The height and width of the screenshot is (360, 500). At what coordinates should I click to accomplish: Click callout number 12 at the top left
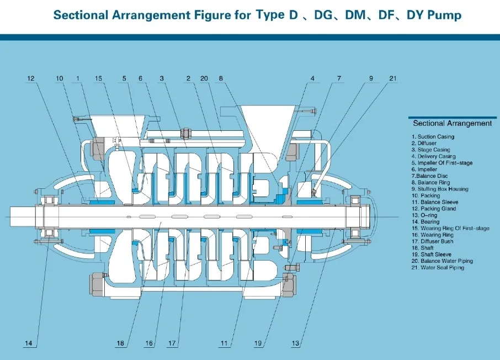(31, 79)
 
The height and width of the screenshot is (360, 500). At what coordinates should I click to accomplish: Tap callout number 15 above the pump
(98, 79)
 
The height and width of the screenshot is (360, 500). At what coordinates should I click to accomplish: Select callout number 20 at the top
(204, 79)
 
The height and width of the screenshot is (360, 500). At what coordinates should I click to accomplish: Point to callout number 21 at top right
(392, 79)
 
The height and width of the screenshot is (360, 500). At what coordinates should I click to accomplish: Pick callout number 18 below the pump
(120, 344)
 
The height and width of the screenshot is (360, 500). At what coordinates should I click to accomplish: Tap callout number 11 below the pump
(224, 344)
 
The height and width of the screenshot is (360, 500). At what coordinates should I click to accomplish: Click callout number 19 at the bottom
(258, 344)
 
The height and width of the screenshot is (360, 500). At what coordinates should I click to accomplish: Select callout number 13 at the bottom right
(296, 344)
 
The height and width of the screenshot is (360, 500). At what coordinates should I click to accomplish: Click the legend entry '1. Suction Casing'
(432, 136)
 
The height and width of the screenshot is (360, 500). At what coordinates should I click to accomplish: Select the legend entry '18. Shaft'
(423, 248)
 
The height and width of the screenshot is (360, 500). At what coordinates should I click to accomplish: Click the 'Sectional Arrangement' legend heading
(452, 123)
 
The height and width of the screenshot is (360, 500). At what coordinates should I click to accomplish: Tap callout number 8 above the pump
(221, 79)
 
